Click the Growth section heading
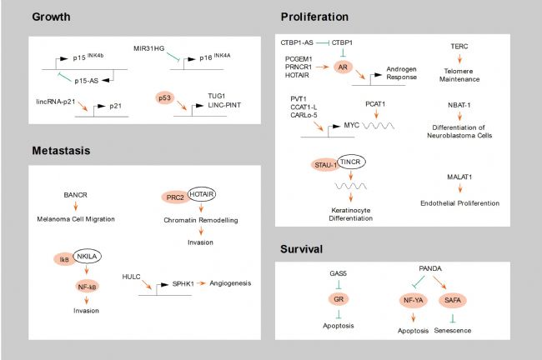tap(51, 17)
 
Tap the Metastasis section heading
tap(61, 151)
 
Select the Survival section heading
tap(301, 249)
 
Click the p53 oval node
tap(165, 98)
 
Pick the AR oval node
tap(343, 67)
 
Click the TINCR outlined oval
tap(351, 162)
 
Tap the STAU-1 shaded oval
tap(324, 165)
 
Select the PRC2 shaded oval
tap(175, 197)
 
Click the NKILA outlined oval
tap(88, 257)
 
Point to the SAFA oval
tap(453, 300)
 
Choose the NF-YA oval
tap(413, 300)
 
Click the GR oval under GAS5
tap(339, 299)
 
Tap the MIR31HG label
tap(149, 48)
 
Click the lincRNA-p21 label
tap(56, 102)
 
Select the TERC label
tap(459, 46)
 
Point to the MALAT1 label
tap(459, 177)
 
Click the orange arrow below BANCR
tap(76, 207)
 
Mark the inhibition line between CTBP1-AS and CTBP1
tap(322, 42)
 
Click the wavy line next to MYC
tap(379, 126)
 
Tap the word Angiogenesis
tap(230, 283)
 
